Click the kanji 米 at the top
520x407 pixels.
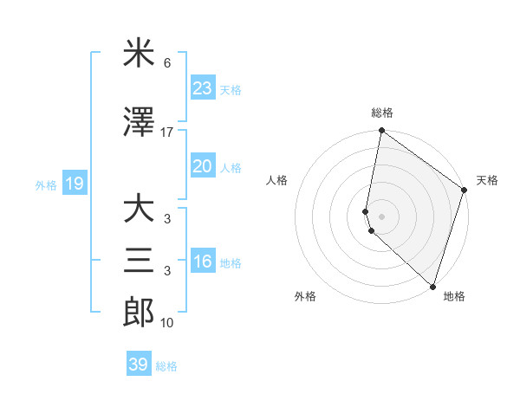138,55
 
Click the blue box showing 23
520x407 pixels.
202,88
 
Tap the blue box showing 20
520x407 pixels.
202,166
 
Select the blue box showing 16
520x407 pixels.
202,262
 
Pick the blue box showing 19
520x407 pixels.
74,184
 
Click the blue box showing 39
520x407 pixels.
139,365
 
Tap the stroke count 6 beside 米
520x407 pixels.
166,64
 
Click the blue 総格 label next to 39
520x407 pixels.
166,366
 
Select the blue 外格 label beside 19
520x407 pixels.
46,184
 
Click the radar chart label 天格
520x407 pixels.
487,180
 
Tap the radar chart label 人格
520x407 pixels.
277,180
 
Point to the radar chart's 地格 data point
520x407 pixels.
432,287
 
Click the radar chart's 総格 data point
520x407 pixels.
381,132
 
